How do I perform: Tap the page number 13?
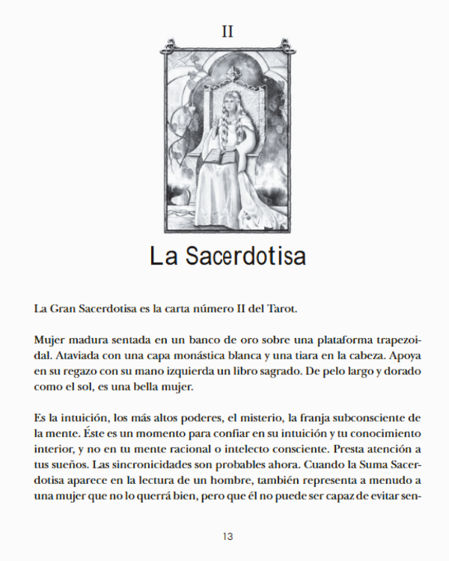(228, 536)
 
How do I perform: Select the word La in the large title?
(163, 257)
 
